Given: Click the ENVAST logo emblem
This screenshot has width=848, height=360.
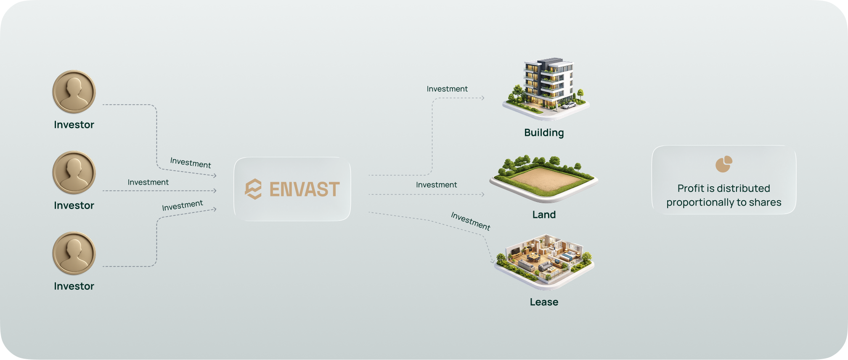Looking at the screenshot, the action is pyautogui.click(x=253, y=189).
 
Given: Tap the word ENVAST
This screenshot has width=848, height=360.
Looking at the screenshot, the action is pyautogui.click(x=305, y=189).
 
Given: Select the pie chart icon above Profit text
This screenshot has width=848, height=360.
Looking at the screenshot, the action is pyautogui.click(x=724, y=164).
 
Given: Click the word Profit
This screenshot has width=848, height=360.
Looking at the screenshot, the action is pyautogui.click(x=690, y=188).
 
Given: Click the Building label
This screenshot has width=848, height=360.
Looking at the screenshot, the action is pyautogui.click(x=544, y=133).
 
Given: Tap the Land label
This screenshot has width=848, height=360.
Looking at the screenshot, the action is pyautogui.click(x=544, y=214).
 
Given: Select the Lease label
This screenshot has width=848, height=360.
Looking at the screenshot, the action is pyautogui.click(x=544, y=302).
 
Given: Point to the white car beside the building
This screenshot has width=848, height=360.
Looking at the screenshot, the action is pyautogui.click(x=568, y=105).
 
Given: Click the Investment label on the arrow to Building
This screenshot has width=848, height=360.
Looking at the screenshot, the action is pyautogui.click(x=447, y=89).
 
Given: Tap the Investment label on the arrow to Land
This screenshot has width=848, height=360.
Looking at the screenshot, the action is pyautogui.click(x=437, y=185).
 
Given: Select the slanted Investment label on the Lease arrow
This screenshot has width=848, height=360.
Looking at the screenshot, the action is pyautogui.click(x=471, y=221).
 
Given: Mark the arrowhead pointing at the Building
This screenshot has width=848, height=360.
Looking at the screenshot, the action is pyautogui.click(x=483, y=98).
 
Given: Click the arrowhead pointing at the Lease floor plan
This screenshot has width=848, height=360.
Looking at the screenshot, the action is pyautogui.click(x=493, y=261).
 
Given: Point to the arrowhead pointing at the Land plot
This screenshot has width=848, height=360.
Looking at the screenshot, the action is pyautogui.click(x=483, y=194).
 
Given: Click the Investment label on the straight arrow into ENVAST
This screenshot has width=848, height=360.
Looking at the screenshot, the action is pyautogui.click(x=148, y=182).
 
